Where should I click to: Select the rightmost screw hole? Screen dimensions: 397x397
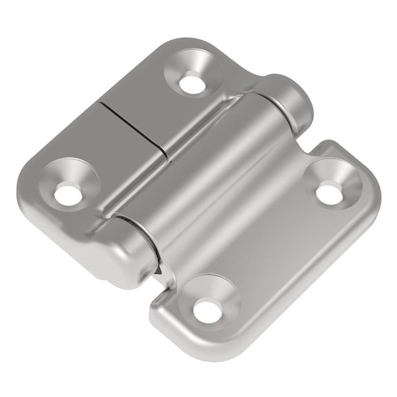[x=328, y=193]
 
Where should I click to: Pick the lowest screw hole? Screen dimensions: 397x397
[x=208, y=311]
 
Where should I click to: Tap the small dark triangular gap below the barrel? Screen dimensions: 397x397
[x=163, y=273]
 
